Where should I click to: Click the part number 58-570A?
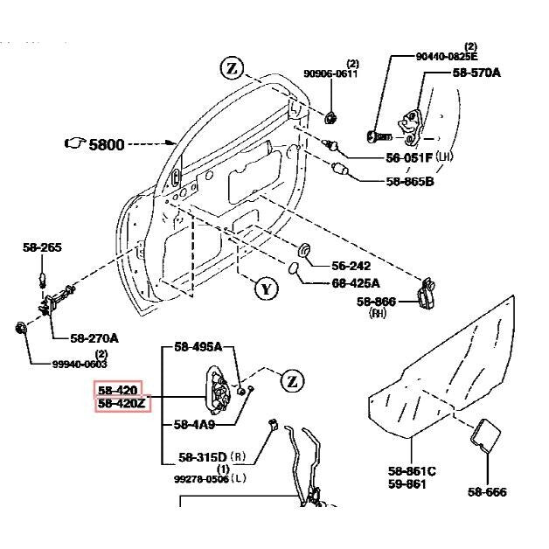[x=476, y=73]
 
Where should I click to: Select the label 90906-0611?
[x=330, y=74]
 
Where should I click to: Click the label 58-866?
[x=376, y=302]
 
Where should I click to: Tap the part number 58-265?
[x=42, y=247]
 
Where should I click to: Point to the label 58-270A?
[x=94, y=337]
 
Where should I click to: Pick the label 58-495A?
[x=198, y=347]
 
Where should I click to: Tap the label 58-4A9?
[x=194, y=425]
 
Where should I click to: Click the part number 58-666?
[x=487, y=492]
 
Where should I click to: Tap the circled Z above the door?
[x=231, y=69]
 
